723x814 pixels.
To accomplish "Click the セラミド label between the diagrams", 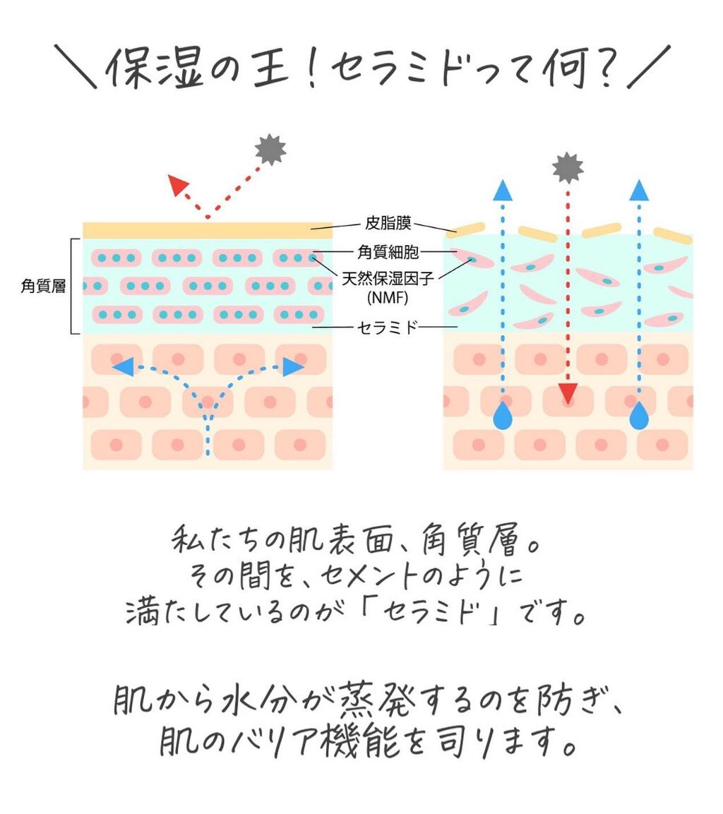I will (x=388, y=328).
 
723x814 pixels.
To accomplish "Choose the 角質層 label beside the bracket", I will (x=43, y=286).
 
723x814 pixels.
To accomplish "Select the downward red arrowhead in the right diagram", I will (x=568, y=393).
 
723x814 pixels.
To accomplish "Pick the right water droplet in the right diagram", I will (x=639, y=416).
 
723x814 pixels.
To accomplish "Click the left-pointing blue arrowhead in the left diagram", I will (x=123, y=366).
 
